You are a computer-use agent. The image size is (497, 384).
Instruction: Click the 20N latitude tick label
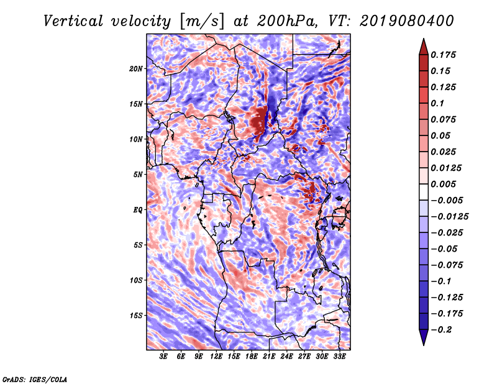point(136,68)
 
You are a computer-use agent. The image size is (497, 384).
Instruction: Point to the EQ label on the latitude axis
point(138,209)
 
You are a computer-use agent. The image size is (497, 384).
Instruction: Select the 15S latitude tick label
point(136,315)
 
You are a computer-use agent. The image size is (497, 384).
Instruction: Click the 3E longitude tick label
point(164,357)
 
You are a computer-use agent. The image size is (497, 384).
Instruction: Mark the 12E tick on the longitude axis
point(217,357)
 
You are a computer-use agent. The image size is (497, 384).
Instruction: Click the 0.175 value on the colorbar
point(445,55)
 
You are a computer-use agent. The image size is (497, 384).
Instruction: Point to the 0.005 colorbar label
point(445,184)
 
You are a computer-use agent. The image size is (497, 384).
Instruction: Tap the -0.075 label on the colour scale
point(450,265)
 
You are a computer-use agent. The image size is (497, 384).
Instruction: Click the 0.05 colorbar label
point(443,135)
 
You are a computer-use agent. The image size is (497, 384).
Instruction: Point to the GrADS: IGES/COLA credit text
point(35,378)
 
